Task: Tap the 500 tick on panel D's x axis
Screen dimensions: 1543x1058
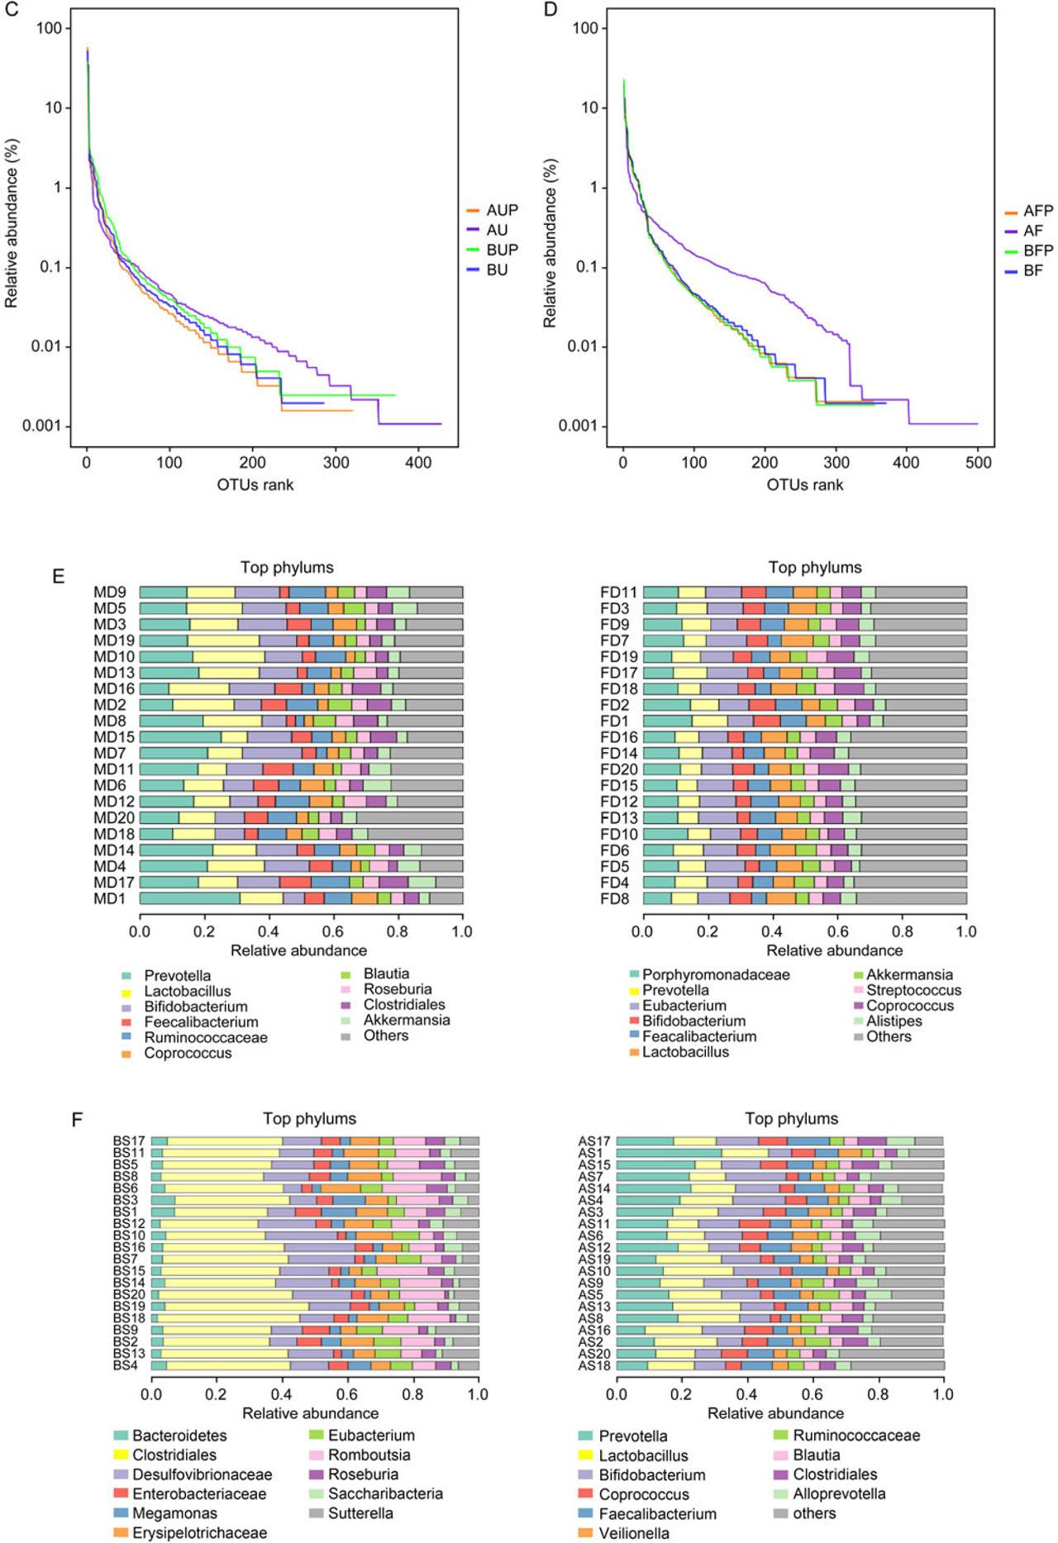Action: pyautogui.click(x=978, y=463)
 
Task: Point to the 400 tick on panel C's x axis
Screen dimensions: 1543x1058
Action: pyautogui.click(x=418, y=463)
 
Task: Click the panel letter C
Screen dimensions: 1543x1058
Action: pyautogui.click(x=11, y=11)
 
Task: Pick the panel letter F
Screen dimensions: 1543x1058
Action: pyautogui.click(x=77, y=1120)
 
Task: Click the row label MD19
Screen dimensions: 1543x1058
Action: pyautogui.click(x=114, y=641)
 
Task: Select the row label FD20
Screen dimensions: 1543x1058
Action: pyautogui.click(x=619, y=769)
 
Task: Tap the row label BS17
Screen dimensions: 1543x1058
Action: pyautogui.click(x=129, y=1141)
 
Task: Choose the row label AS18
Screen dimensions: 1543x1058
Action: pyautogui.click(x=594, y=1366)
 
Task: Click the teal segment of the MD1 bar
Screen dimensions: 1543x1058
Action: pyautogui.click(x=189, y=898)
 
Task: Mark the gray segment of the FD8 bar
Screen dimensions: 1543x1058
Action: pyautogui.click(x=911, y=898)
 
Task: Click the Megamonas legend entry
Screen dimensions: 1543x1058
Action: pyautogui.click(x=174, y=1513)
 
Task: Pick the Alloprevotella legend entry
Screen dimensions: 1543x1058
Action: pyautogui.click(x=839, y=1494)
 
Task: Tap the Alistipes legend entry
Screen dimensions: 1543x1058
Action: pyautogui.click(x=894, y=1022)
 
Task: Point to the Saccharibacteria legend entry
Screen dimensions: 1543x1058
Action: pyautogui.click(x=385, y=1494)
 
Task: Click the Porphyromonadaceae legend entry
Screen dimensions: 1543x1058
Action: pyautogui.click(x=716, y=975)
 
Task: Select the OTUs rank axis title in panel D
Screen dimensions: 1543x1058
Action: pyautogui.click(x=804, y=485)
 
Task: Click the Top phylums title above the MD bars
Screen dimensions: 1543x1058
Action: pyautogui.click(x=287, y=568)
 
